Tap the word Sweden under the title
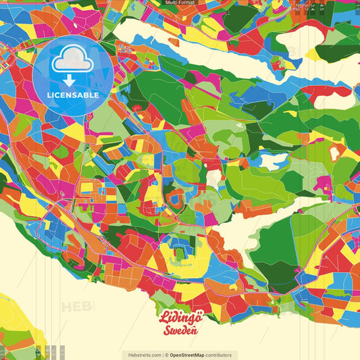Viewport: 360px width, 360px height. [x=180, y=330]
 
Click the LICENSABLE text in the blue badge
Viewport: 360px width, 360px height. [x=73, y=95]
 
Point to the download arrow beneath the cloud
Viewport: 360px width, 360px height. [x=69, y=80]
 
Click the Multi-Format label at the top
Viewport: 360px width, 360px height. [x=180, y=3]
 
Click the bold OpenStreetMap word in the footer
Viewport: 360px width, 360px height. [x=192, y=355]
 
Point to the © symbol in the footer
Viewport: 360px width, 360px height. [x=166, y=355]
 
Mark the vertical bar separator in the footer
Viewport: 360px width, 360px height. [x=163, y=355]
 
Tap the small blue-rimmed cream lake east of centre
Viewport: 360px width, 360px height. [x=274, y=161]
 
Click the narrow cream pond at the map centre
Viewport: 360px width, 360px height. [x=214, y=178]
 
